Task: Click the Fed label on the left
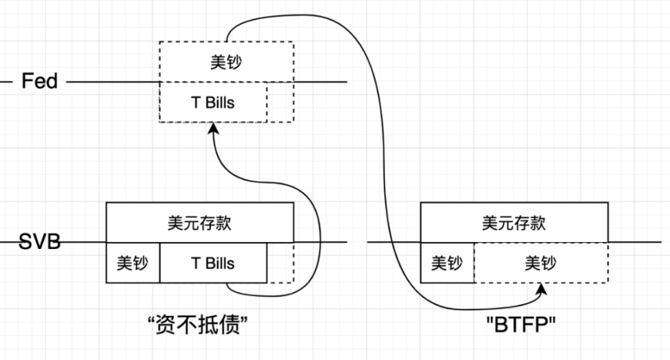click(x=39, y=81)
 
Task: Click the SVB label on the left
click(x=39, y=242)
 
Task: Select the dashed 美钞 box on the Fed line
click(x=226, y=62)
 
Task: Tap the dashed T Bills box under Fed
click(x=212, y=103)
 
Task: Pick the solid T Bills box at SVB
click(x=212, y=263)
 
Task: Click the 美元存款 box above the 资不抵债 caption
click(x=199, y=222)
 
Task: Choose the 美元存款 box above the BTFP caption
click(x=514, y=222)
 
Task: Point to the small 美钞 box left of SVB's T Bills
click(x=132, y=263)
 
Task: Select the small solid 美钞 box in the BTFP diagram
click(x=447, y=263)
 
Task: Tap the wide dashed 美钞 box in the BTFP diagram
click(x=540, y=263)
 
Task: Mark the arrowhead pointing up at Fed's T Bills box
click(x=213, y=129)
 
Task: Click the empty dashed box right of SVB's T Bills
click(x=280, y=263)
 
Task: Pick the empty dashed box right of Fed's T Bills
click(x=280, y=103)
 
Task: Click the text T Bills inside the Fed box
click(x=212, y=103)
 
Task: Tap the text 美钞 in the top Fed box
click(x=226, y=62)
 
